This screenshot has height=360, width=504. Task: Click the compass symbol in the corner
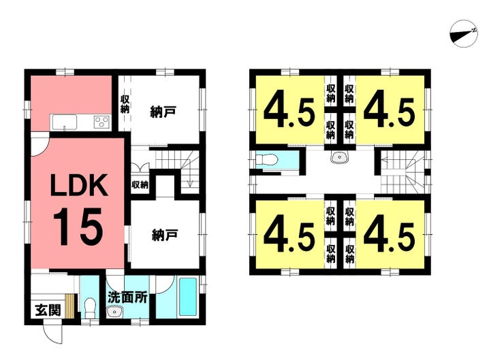(x=464, y=34)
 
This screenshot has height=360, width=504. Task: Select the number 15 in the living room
(x=78, y=227)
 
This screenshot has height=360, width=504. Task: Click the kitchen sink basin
(x=65, y=122)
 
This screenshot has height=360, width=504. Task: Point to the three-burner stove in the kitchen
(x=101, y=122)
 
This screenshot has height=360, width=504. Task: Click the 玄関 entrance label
(x=48, y=310)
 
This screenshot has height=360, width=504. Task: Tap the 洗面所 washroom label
(x=127, y=297)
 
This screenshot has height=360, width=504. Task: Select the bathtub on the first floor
(x=188, y=297)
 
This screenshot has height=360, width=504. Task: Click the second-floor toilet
(x=266, y=159)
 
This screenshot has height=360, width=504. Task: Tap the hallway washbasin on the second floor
(x=339, y=157)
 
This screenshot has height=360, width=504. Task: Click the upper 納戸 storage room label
(x=163, y=112)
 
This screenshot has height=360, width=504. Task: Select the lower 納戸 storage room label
(x=165, y=235)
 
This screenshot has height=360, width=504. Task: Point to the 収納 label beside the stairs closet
(x=140, y=184)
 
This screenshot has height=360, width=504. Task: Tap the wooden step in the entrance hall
(x=70, y=306)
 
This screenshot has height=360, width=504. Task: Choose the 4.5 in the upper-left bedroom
(x=289, y=113)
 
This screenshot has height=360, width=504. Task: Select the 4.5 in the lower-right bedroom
(x=390, y=238)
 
